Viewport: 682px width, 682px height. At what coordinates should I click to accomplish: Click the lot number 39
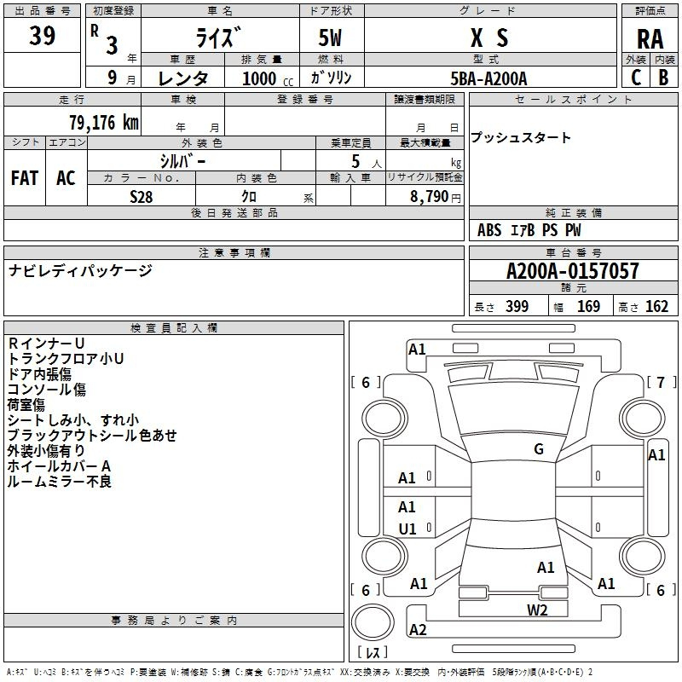[x=42, y=35]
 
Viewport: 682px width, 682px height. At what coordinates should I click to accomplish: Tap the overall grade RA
[x=650, y=39]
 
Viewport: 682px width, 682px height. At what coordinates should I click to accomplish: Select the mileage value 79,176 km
[x=104, y=123]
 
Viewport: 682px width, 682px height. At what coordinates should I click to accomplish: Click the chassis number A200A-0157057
[x=573, y=271]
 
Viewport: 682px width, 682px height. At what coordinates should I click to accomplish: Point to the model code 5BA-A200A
[x=488, y=78]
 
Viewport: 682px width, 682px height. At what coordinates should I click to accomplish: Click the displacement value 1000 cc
[x=268, y=78]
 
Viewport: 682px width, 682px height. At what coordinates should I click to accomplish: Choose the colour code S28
[x=142, y=197]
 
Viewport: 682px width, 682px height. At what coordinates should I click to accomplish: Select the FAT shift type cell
[x=25, y=178]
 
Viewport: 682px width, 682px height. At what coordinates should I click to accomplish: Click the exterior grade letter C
[x=636, y=78]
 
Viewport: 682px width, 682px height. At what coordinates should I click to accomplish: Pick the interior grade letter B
[x=664, y=78]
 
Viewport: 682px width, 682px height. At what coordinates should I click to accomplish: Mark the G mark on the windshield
[x=539, y=449]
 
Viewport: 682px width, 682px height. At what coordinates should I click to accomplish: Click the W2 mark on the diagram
[x=537, y=610]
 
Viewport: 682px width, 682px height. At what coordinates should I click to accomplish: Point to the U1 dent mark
[x=407, y=529]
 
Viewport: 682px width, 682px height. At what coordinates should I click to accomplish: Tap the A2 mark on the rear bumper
[x=418, y=629]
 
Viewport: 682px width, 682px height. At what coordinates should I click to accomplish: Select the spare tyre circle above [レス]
[x=373, y=623]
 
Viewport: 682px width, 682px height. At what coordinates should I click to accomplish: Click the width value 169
[x=588, y=306]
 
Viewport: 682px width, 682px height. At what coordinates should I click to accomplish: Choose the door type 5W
[x=330, y=38]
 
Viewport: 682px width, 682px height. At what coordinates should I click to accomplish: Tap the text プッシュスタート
[x=521, y=137]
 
